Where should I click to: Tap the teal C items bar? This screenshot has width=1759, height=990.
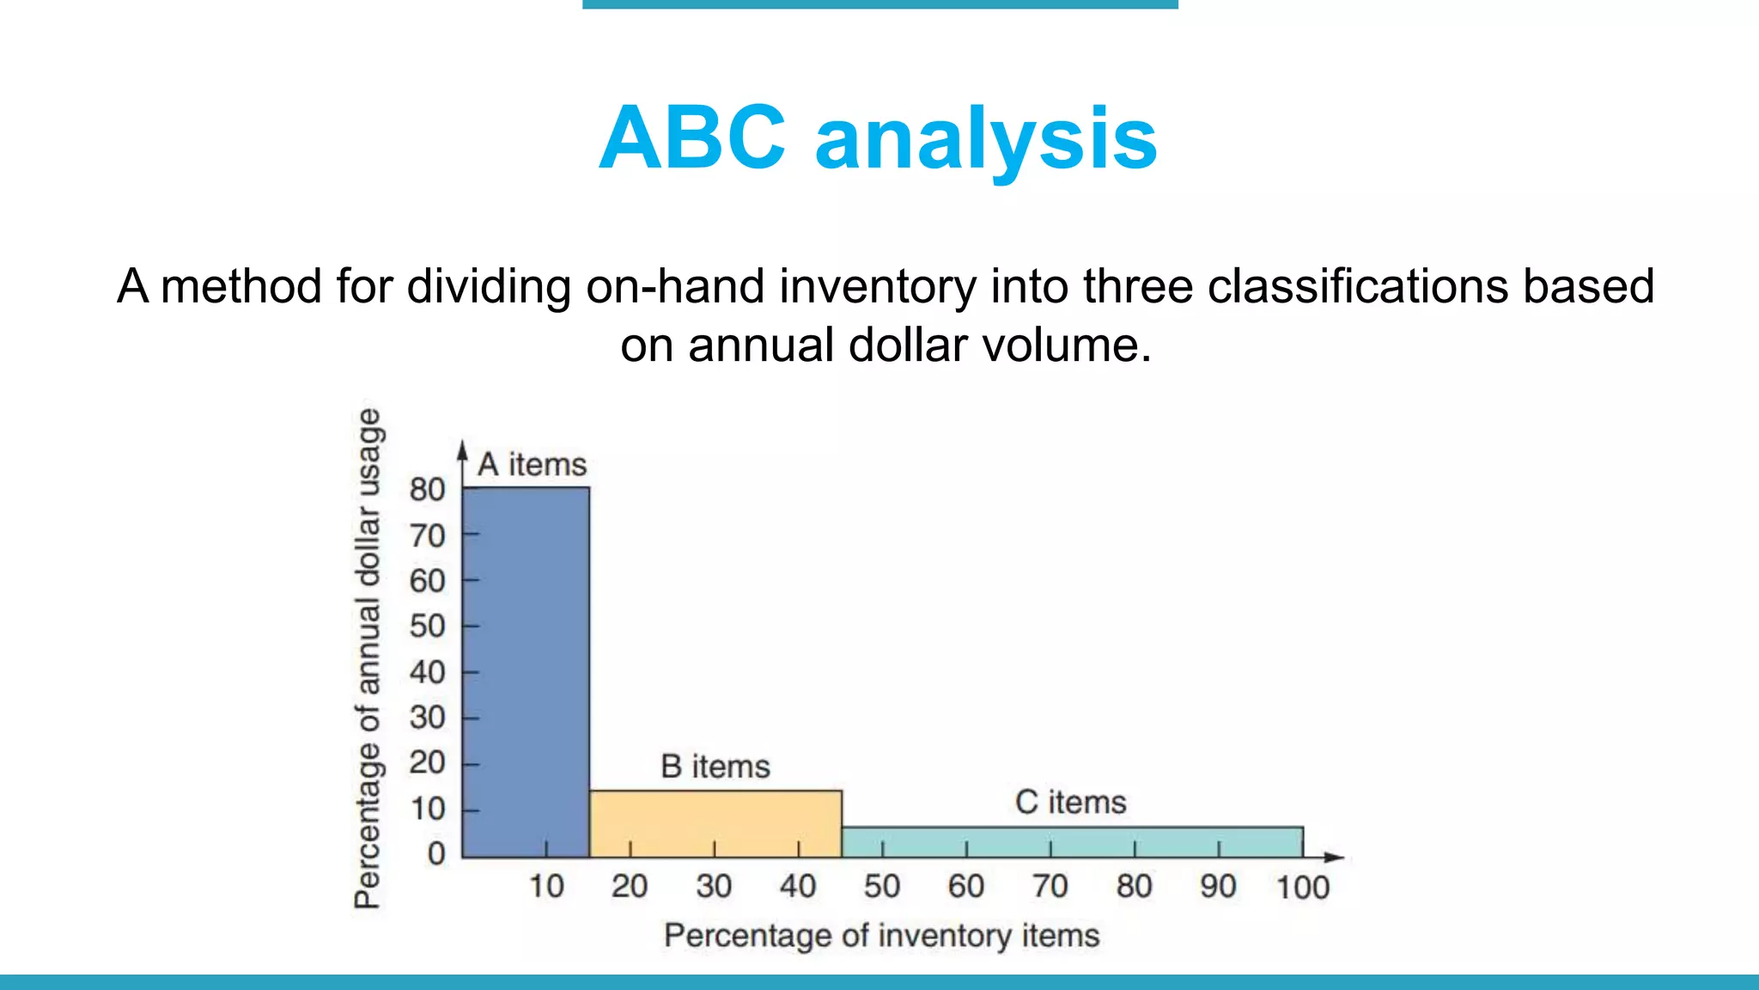pos(1072,841)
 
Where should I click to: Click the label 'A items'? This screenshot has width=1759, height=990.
pos(532,465)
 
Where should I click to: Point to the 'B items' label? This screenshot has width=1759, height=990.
pos(715,767)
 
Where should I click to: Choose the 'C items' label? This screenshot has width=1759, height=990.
pos(1070,803)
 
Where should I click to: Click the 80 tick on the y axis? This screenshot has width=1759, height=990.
pos(427,490)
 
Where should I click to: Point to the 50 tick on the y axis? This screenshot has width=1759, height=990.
pos(427,626)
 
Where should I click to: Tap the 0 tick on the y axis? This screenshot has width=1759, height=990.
pos(436,853)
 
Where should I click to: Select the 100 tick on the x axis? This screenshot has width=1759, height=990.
pos(1302,887)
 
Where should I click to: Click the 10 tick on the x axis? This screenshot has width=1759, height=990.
pos(545,886)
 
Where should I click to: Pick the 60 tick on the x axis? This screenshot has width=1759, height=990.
pos(965,886)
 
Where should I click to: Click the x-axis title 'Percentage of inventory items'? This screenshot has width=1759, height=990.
pos(881,936)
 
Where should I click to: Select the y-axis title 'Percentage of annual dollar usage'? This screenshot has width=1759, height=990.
pos(368,658)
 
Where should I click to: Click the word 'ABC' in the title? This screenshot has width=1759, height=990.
pos(691,137)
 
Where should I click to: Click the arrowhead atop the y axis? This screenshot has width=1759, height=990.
pos(462,450)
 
